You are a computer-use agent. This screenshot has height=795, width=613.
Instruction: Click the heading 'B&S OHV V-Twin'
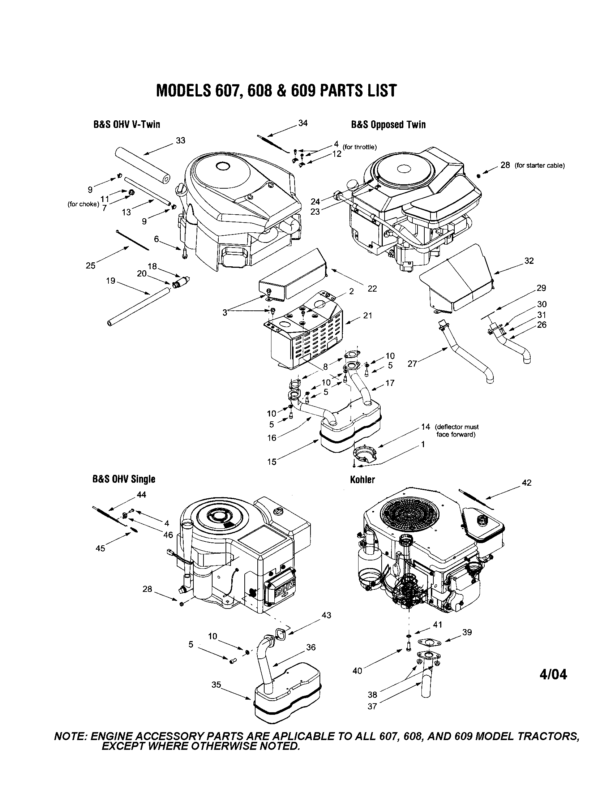(x=126, y=125)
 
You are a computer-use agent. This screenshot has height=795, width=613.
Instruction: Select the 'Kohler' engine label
(x=362, y=480)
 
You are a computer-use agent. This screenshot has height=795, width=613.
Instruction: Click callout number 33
(x=181, y=140)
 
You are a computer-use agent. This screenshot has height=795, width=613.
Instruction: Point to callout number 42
(x=526, y=483)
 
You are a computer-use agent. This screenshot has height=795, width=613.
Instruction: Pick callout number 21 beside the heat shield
(x=368, y=315)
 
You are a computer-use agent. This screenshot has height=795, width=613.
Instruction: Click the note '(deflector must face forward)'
(x=457, y=430)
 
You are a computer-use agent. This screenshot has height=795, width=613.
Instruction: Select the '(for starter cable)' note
(x=540, y=165)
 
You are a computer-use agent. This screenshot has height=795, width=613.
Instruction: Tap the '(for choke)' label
(x=83, y=204)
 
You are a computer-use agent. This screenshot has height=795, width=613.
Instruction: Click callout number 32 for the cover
(x=529, y=261)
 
